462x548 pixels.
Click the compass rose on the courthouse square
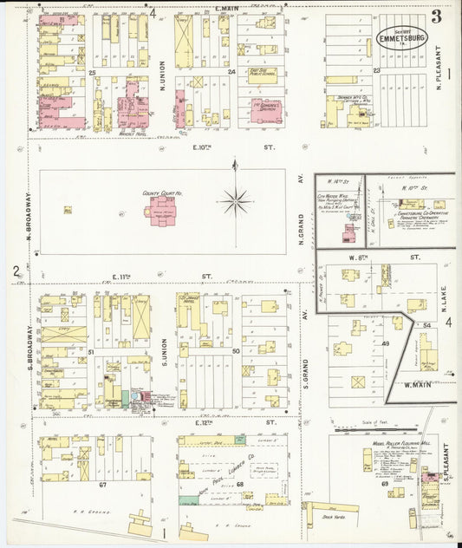pyautogui.click(x=235, y=201)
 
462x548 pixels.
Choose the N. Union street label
pyautogui.click(x=162, y=57)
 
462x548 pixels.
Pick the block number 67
pyautogui.click(x=101, y=484)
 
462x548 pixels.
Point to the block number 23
pyautogui.click(x=376, y=71)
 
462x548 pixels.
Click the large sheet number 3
pyautogui.click(x=436, y=16)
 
